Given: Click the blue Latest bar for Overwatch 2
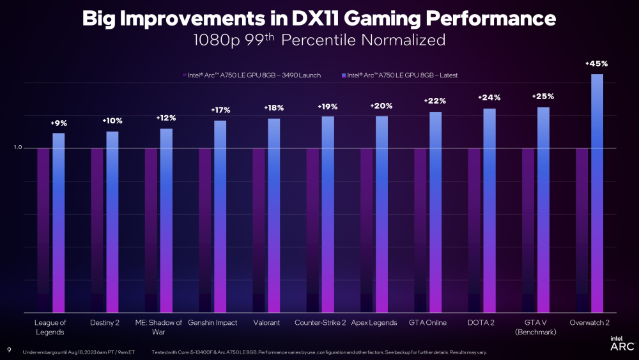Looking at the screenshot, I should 597,192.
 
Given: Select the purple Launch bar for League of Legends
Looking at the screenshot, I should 43,230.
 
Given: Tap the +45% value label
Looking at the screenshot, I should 596,64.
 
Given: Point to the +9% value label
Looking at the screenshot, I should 59,123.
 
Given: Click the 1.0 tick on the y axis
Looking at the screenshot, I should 18,148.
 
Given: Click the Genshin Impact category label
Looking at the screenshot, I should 213,323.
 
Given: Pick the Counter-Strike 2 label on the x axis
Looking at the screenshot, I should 320,323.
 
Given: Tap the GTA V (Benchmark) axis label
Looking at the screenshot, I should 535,327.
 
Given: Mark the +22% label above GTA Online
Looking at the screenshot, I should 435,101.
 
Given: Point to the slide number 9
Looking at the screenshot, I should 9,350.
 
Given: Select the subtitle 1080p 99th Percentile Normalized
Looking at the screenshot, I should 319,40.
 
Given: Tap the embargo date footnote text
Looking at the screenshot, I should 79,352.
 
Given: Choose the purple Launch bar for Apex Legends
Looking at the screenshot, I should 366,230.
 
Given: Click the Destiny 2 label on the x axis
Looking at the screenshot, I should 105,323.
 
